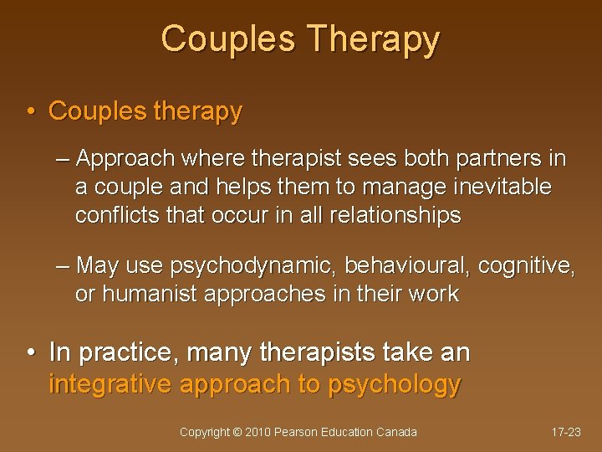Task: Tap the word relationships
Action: coord(395,215)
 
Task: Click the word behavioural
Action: coord(411,266)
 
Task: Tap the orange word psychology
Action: coord(394,384)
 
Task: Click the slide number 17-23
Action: coord(566,433)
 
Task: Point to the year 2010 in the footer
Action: coord(258,433)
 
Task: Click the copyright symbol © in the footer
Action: coord(237,433)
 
